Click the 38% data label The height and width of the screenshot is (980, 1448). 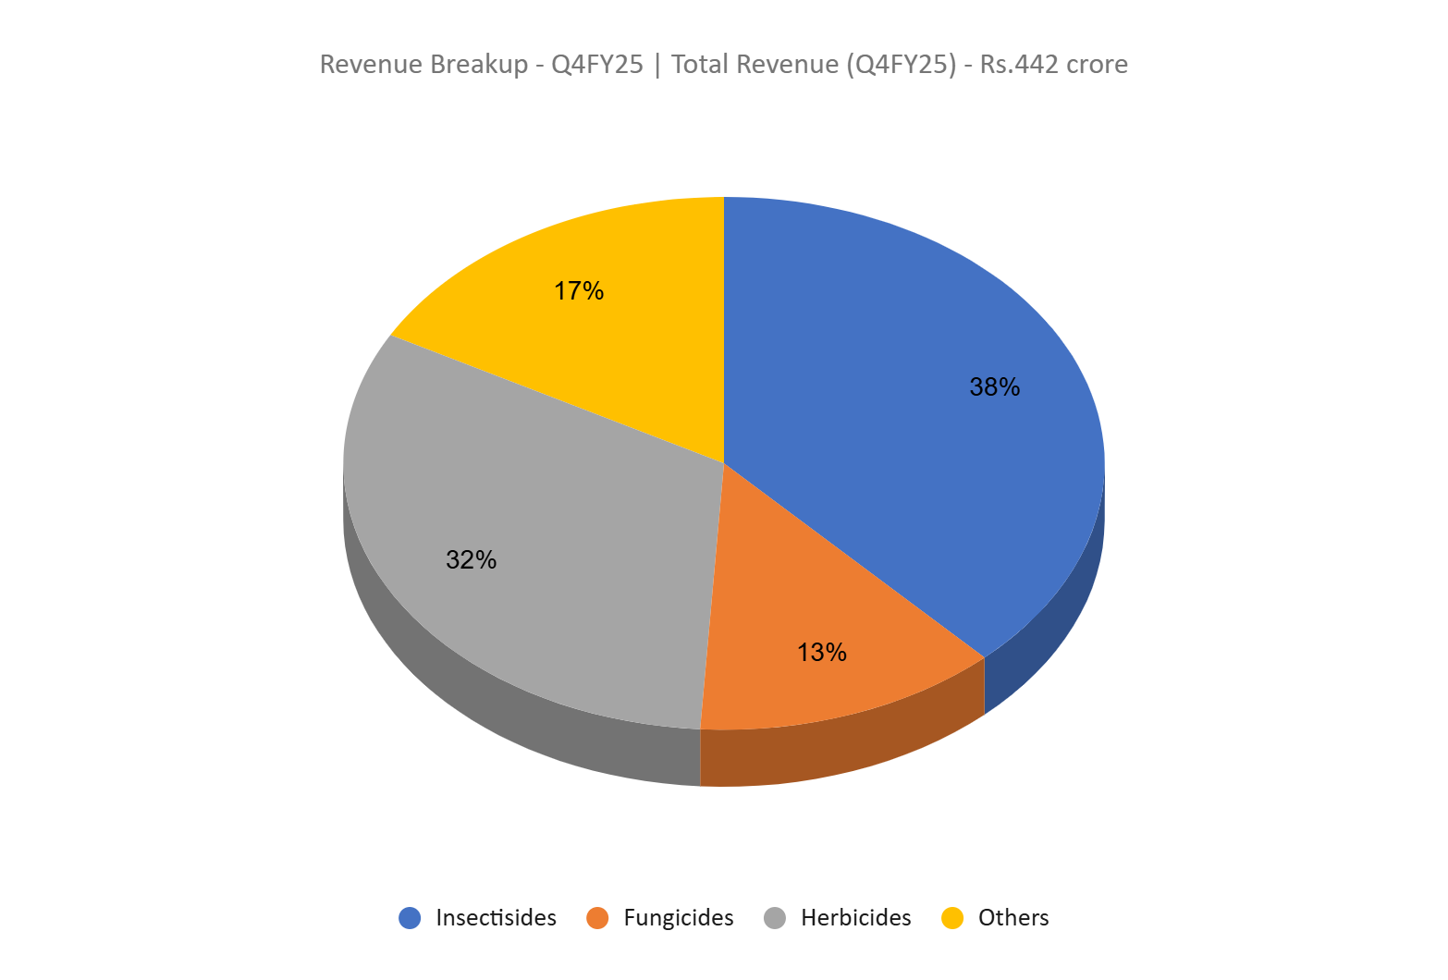tap(994, 387)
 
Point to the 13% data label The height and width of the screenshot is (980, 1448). tap(821, 653)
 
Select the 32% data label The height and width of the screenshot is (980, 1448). tap(471, 560)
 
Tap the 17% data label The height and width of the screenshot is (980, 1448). tap(579, 291)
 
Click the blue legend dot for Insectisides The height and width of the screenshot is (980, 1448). tap(410, 918)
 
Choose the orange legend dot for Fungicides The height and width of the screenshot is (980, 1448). tap(597, 918)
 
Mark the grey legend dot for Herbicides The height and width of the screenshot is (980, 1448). tap(775, 918)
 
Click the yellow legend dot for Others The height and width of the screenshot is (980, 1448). tap(952, 918)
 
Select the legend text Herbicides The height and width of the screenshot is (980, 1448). tap(855, 918)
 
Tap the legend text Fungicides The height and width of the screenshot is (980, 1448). tap(678, 918)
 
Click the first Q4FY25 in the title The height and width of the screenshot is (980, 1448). tap(596, 65)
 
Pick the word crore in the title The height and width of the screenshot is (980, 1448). tap(1097, 65)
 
